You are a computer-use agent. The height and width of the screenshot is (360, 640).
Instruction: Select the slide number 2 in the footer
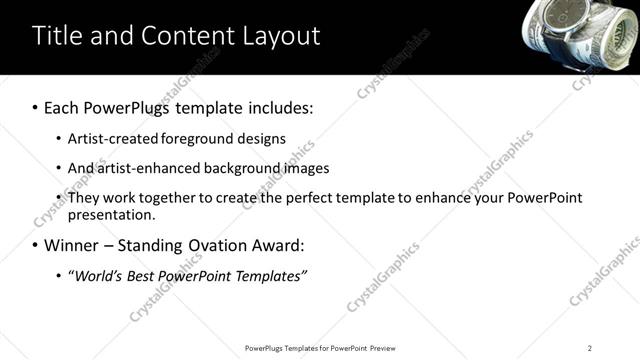(x=590, y=348)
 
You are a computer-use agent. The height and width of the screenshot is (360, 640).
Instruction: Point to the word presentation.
(x=111, y=215)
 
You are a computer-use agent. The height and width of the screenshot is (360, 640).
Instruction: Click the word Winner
(x=72, y=245)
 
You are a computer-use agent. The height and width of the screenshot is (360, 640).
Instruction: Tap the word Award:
(x=277, y=245)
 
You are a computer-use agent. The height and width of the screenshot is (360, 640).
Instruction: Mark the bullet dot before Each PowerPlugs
(x=36, y=105)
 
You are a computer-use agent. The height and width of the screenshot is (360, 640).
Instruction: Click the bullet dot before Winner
(x=36, y=246)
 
